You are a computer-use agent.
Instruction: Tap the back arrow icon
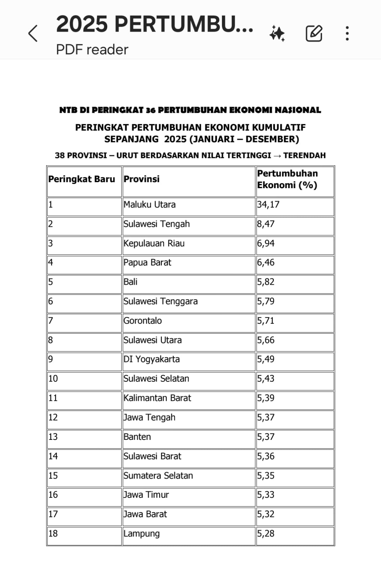coord(33,34)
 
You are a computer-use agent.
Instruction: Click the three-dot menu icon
coord(347,33)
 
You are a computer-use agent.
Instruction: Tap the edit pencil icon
coord(314,34)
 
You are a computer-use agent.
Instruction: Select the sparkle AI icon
coord(277,34)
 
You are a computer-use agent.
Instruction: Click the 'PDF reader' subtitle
coord(92,50)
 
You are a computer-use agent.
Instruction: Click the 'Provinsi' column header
coord(142,179)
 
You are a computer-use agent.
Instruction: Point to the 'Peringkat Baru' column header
coord(82,179)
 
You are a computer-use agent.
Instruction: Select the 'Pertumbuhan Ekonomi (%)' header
coord(287,179)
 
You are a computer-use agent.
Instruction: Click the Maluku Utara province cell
coord(149,204)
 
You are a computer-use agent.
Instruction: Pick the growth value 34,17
coord(268,204)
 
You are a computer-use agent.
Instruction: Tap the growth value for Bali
coord(266,282)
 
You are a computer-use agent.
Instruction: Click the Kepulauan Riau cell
coord(154,244)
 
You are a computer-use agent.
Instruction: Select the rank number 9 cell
coord(50,359)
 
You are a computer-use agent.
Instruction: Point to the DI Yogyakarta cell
coord(152,359)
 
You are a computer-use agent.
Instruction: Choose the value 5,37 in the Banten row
coord(266,437)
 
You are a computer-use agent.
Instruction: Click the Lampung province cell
coord(142,534)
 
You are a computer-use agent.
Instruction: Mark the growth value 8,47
coord(266,224)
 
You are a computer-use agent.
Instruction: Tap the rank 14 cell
coord(53,456)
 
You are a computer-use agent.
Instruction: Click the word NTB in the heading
coord(68,110)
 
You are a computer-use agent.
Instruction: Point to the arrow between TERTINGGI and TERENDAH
coord(277,155)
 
